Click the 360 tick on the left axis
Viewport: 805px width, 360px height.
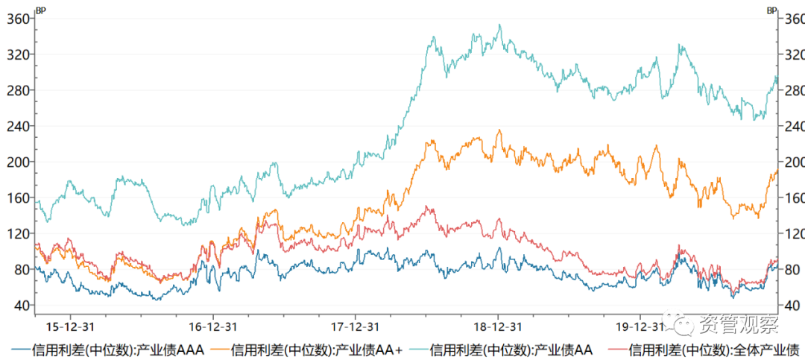point(18,19)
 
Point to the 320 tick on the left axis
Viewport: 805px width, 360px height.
point(18,54)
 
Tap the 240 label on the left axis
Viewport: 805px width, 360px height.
point(18,126)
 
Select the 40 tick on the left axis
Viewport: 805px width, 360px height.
point(21,306)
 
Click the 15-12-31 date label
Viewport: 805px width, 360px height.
point(70,326)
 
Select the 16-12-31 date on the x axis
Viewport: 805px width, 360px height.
point(213,326)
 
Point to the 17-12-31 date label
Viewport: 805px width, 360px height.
point(356,326)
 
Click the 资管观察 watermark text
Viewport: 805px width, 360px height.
point(738,325)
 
